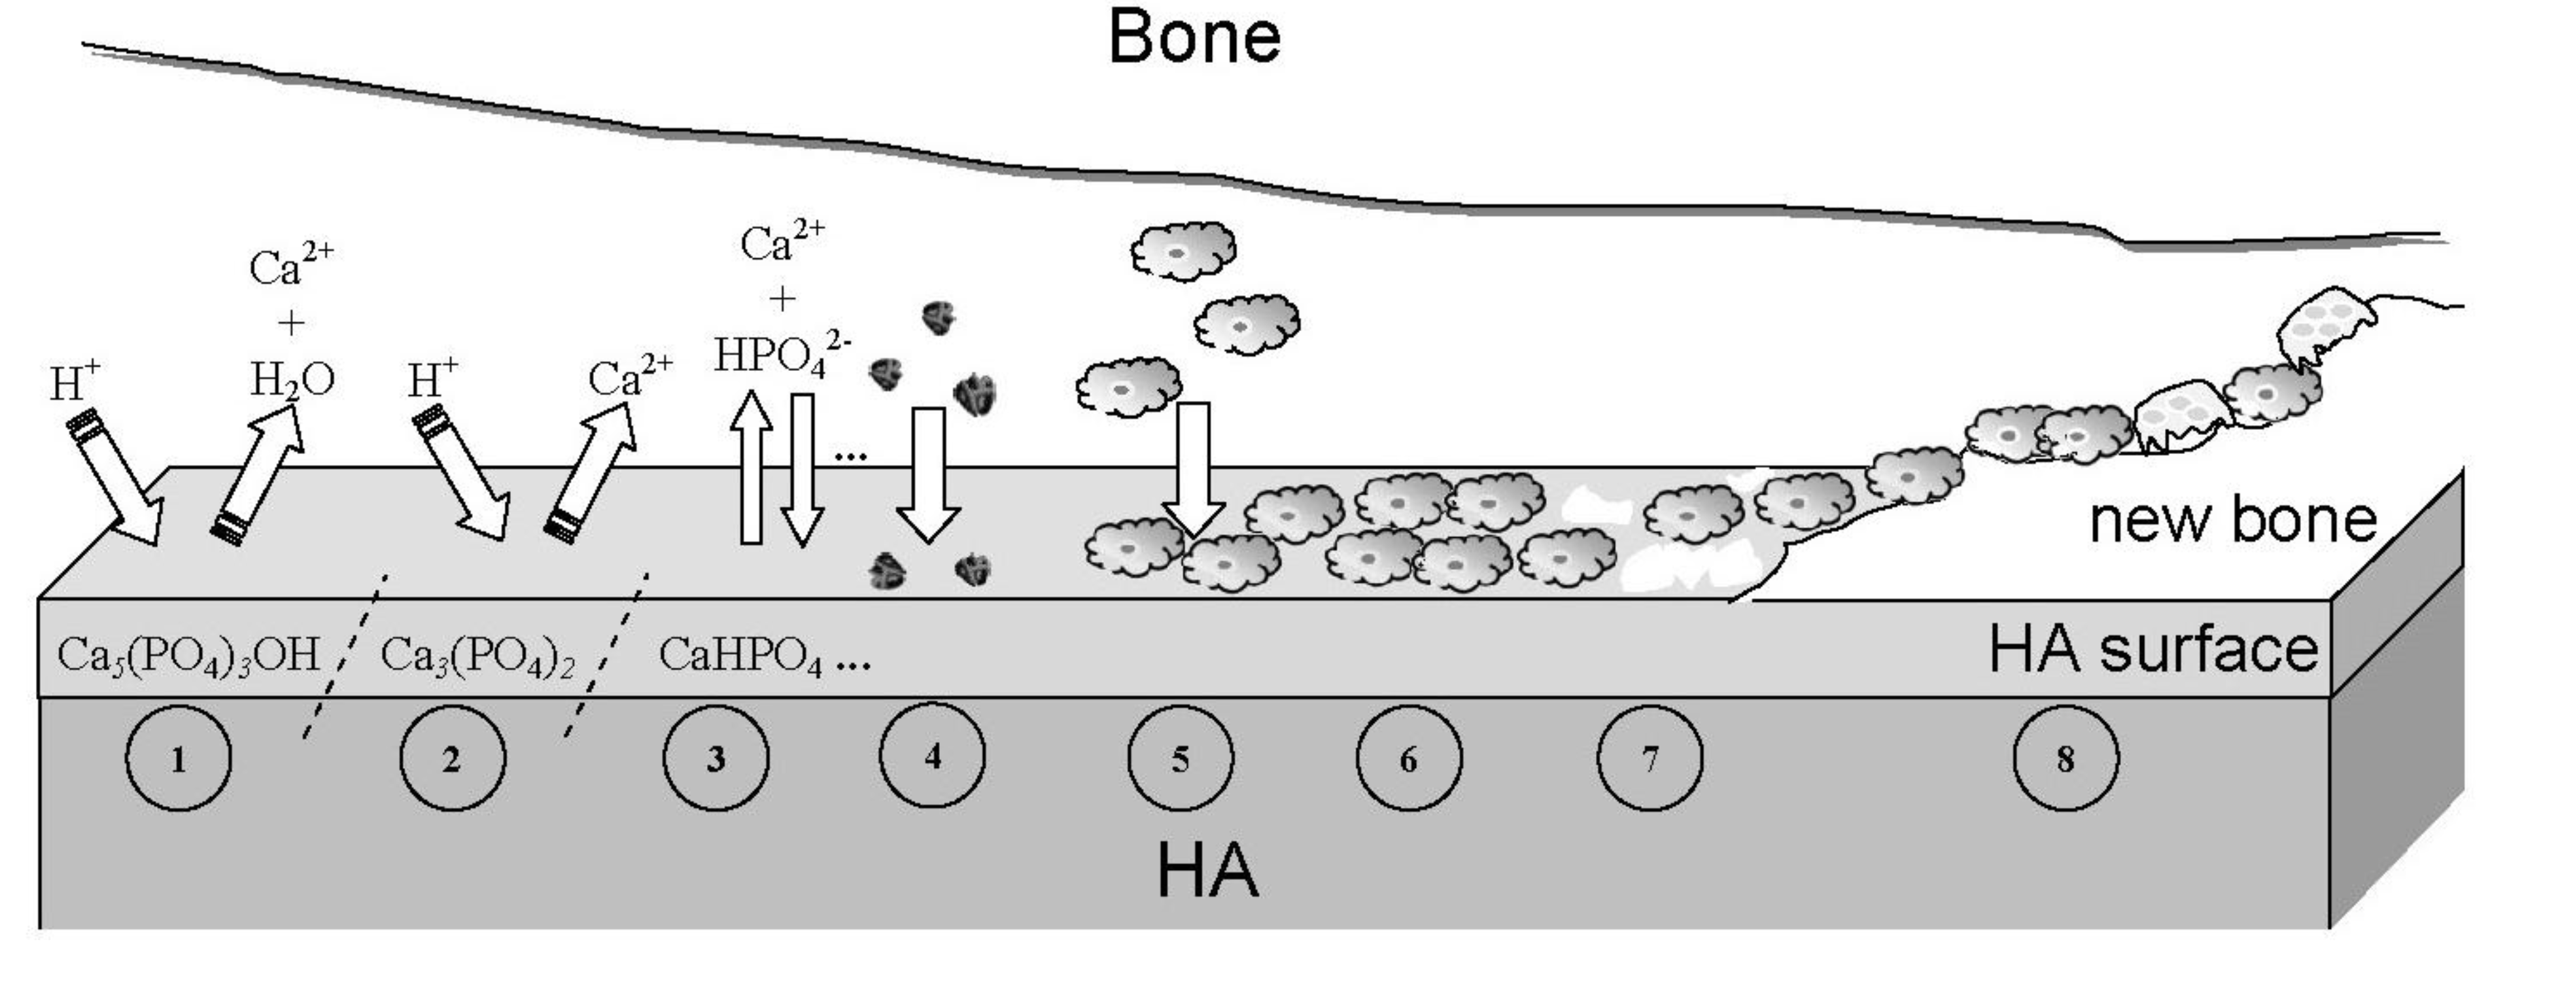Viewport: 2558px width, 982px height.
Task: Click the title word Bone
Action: click(1194, 38)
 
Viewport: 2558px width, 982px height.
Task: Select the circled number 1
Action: click(179, 759)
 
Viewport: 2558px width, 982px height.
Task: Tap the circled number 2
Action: click(452, 759)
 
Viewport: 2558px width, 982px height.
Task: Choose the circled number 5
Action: click(1181, 759)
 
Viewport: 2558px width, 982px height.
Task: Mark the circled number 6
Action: click(1409, 759)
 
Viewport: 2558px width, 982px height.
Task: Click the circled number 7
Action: click(1650, 759)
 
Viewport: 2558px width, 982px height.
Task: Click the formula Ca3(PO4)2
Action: click(477, 656)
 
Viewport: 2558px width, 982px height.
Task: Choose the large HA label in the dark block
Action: click(1207, 871)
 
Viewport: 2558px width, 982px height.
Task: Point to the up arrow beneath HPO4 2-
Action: click(752, 466)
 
